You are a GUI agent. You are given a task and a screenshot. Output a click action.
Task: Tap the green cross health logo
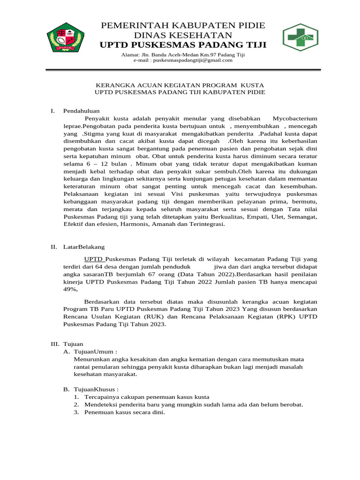(300, 37)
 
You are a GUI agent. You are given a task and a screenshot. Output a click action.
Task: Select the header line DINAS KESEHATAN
(183, 35)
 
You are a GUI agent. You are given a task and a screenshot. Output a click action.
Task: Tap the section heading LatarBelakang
(84, 246)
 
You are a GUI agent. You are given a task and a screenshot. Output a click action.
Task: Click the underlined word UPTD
(94, 259)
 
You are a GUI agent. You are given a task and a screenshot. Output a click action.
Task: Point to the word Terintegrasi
(207, 224)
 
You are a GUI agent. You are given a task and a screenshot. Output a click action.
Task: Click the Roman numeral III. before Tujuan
(55, 344)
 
